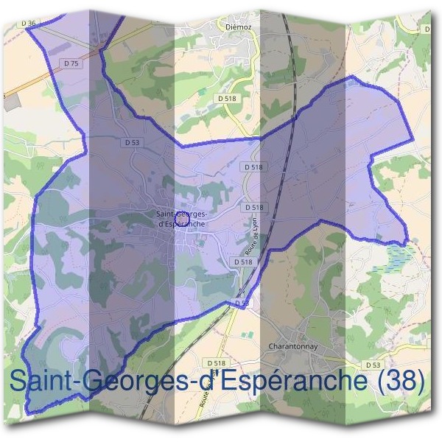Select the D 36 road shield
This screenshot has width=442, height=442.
coord(29,24)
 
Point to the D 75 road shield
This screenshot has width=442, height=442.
coord(71,64)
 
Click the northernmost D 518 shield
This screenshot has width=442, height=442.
coord(226,97)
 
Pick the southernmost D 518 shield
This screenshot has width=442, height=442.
coord(216,364)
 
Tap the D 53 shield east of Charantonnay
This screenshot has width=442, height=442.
coord(373,364)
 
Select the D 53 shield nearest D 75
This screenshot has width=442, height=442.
coord(132,141)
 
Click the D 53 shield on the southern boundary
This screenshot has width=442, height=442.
coord(242,303)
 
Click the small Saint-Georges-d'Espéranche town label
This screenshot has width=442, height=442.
coord(181,220)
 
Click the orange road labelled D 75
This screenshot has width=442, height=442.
coord(44,82)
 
